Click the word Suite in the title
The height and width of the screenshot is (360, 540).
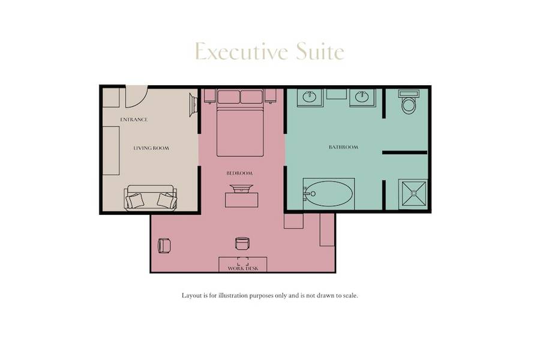[320, 52]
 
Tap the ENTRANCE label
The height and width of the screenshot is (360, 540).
[134, 119]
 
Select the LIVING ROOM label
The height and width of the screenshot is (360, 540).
[151, 148]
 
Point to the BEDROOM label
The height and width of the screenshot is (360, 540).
[239, 173]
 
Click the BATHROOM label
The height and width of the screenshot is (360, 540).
[344, 147]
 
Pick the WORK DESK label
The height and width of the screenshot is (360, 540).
[243, 268]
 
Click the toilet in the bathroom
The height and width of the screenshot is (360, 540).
[409, 102]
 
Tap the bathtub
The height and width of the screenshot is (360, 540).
[328, 194]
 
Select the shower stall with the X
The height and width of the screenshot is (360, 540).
[413, 194]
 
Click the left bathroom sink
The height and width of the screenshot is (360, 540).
[311, 97]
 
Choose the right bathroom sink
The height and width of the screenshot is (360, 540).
[362, 97]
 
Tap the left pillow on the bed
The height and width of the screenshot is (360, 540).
[229, 97]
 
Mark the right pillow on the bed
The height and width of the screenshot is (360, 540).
[251, 97]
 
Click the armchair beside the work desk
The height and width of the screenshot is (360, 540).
[242, 244]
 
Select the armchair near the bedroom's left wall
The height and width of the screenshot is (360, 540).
[164, 245]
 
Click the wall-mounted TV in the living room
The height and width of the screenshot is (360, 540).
[194, 105]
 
